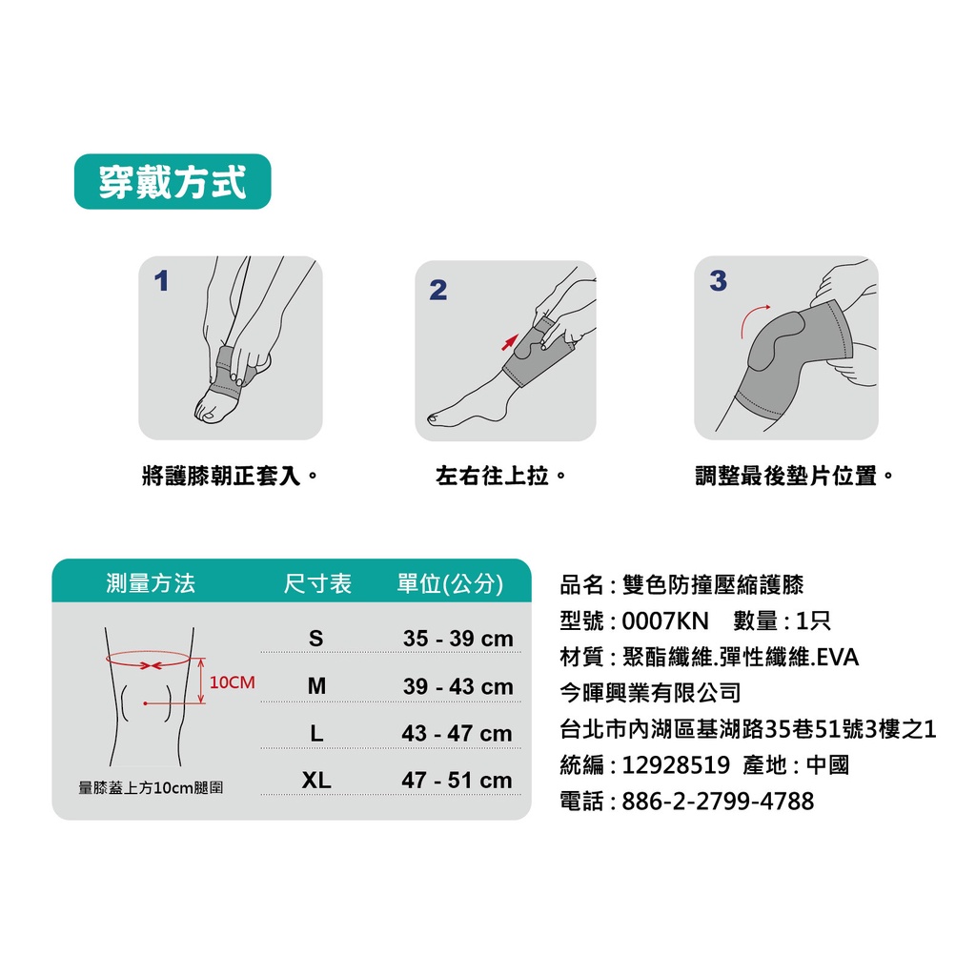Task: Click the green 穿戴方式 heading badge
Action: coord(173,181)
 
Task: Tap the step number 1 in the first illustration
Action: coord(161,280)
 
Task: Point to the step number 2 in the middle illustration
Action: coord(438,290)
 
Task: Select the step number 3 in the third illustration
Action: coord(719,281)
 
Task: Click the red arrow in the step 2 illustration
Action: coord(510,342)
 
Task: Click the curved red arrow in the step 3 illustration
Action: coord(751,318)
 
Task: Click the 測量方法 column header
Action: coord(151,583)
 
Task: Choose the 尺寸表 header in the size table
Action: coord(317,583)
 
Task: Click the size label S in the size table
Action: coord(316,638)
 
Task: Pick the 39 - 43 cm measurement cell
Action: coord(458,686)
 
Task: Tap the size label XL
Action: coord(316,780)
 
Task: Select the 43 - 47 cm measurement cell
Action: coord(457,733)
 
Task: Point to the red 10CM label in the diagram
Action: coord(233,682)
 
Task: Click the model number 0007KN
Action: coord(665,620)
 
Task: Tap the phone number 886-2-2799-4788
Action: coord(718,801)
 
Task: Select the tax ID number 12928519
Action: coord(676,765)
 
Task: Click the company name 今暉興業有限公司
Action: coord(650,692)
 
